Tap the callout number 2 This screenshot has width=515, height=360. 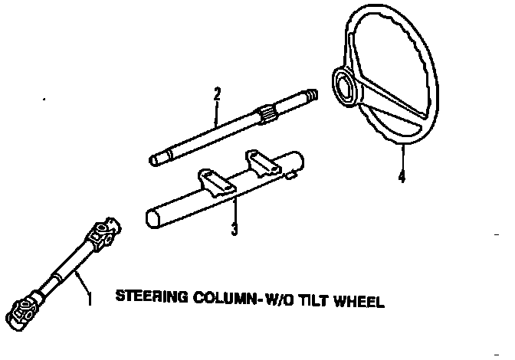pos(218,93)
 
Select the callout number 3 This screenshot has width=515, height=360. pos(234,229)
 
